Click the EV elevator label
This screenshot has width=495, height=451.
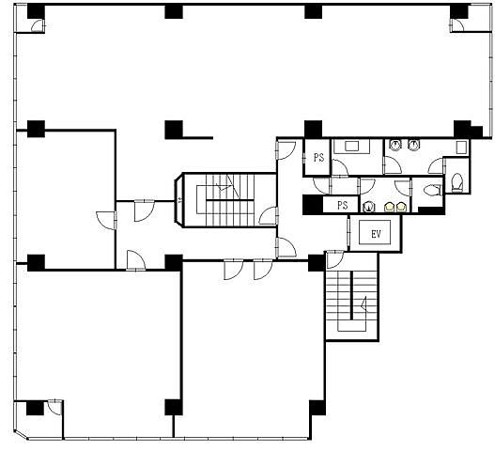376,234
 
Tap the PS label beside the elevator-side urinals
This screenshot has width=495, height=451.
343,205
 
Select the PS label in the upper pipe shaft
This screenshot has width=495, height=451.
318,157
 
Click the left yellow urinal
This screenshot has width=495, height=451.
390,207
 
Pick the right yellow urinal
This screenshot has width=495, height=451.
400,207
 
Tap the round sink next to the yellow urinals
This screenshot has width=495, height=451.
368,208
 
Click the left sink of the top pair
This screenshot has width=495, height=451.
394,145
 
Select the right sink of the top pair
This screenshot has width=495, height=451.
413,145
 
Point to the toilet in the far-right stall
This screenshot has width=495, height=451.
456,183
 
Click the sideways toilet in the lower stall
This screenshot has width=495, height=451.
431,191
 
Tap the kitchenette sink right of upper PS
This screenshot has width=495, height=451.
351,147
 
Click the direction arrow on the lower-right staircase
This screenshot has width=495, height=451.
364,303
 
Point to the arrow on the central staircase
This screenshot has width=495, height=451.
226,185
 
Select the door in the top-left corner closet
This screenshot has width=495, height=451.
38,25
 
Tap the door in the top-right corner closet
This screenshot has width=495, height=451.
456,25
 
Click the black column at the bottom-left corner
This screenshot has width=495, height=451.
35,408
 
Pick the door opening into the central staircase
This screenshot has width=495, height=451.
269,216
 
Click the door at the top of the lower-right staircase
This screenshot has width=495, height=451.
334,259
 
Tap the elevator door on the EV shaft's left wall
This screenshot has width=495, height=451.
348,233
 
